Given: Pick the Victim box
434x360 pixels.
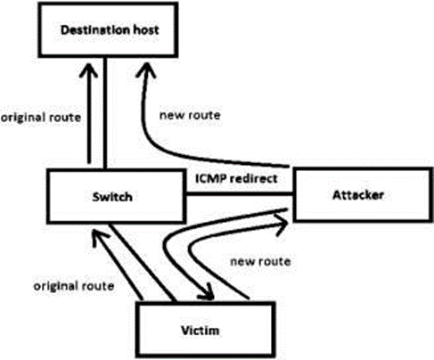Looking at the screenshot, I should (x=207, y=330).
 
